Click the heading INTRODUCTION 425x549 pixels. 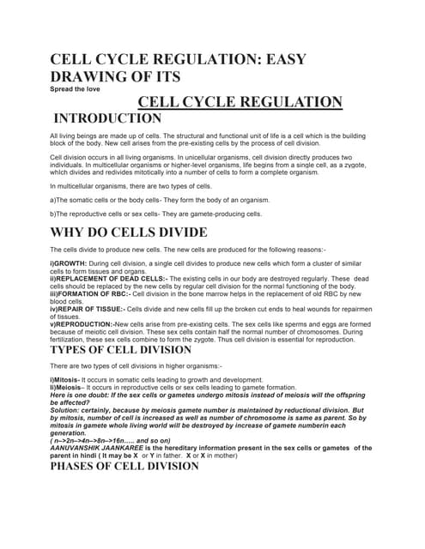click(x=106, y=118)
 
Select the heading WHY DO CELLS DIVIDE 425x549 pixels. click(x=129, y=232)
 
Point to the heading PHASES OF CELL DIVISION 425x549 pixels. click(x=124, y=467)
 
